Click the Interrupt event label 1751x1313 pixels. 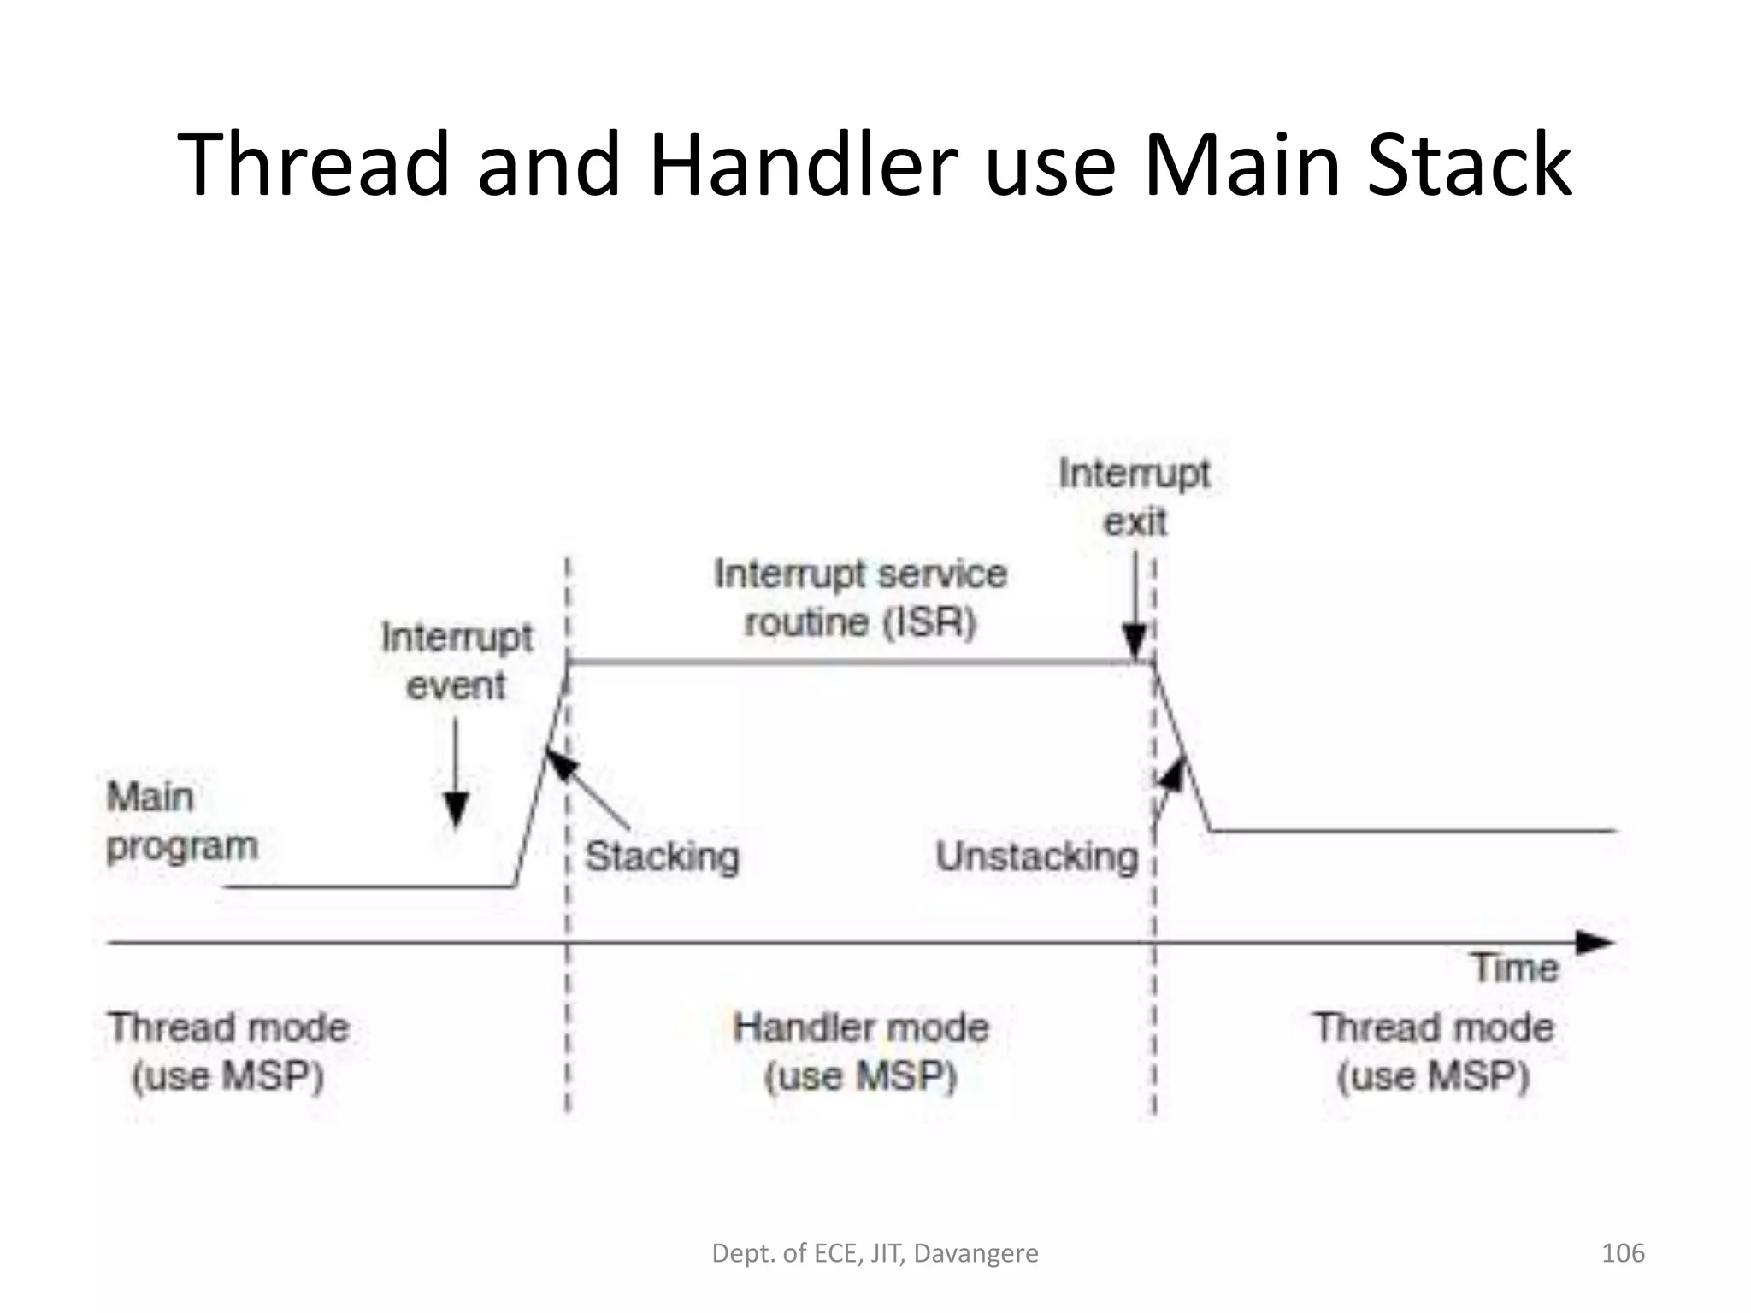tap(457, 661)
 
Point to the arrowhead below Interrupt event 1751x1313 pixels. tap(457, 808)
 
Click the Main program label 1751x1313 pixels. tap(181, 821)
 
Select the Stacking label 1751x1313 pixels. tap(662, 856)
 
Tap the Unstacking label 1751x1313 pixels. tap(1036, 856)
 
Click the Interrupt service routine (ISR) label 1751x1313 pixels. tap(860, 598)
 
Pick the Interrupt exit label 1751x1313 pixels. tap(1135, 497)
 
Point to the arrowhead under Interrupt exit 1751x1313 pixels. tap(1135, 641)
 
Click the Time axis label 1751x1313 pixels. tap(1515, 968)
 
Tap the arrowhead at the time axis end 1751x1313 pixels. tap(1595, 943)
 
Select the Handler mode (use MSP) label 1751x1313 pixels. tap(860, 1051)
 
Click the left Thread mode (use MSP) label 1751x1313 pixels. tap(228, 1051)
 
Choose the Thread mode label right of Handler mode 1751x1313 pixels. tap(1434, 1051)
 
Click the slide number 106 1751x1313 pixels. tap(1622, 1253)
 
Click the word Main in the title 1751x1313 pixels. tap(1241, 164)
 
